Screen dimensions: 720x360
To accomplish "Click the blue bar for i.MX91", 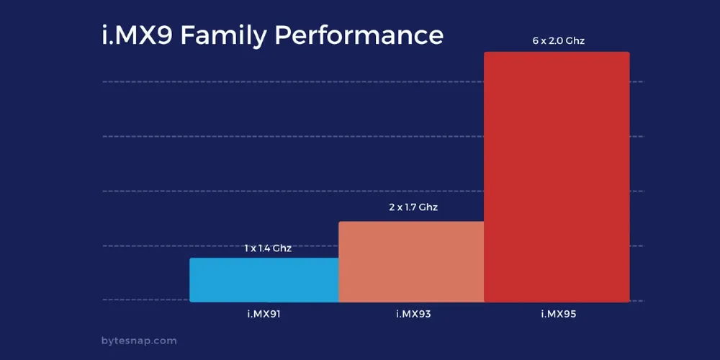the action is (264, 279).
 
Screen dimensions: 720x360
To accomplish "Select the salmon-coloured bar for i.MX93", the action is (411, 262).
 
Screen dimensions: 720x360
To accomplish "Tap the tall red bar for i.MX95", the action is (557, 177).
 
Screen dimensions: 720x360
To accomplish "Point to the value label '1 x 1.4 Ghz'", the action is (268, 249).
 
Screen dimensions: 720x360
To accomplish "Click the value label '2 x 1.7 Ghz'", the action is (413, 207).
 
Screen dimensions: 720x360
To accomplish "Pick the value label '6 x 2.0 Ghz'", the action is (559, 41).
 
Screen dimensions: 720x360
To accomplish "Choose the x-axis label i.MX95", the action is (559, 315).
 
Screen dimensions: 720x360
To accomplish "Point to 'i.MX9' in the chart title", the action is (138, 35).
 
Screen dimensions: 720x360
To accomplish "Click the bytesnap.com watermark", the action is (139, 341).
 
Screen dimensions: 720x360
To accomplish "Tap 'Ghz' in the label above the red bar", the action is (575, 41).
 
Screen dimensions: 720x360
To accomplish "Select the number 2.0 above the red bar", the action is (554, 41).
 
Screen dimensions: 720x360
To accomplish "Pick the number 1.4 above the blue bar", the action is (264, 249).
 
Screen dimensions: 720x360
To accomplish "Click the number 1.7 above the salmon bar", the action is (410, 207).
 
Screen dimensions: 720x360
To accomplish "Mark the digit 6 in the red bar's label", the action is (536, 41).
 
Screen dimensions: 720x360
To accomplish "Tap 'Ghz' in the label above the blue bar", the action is (283, 249).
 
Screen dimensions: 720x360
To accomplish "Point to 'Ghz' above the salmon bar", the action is (429, 207).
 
